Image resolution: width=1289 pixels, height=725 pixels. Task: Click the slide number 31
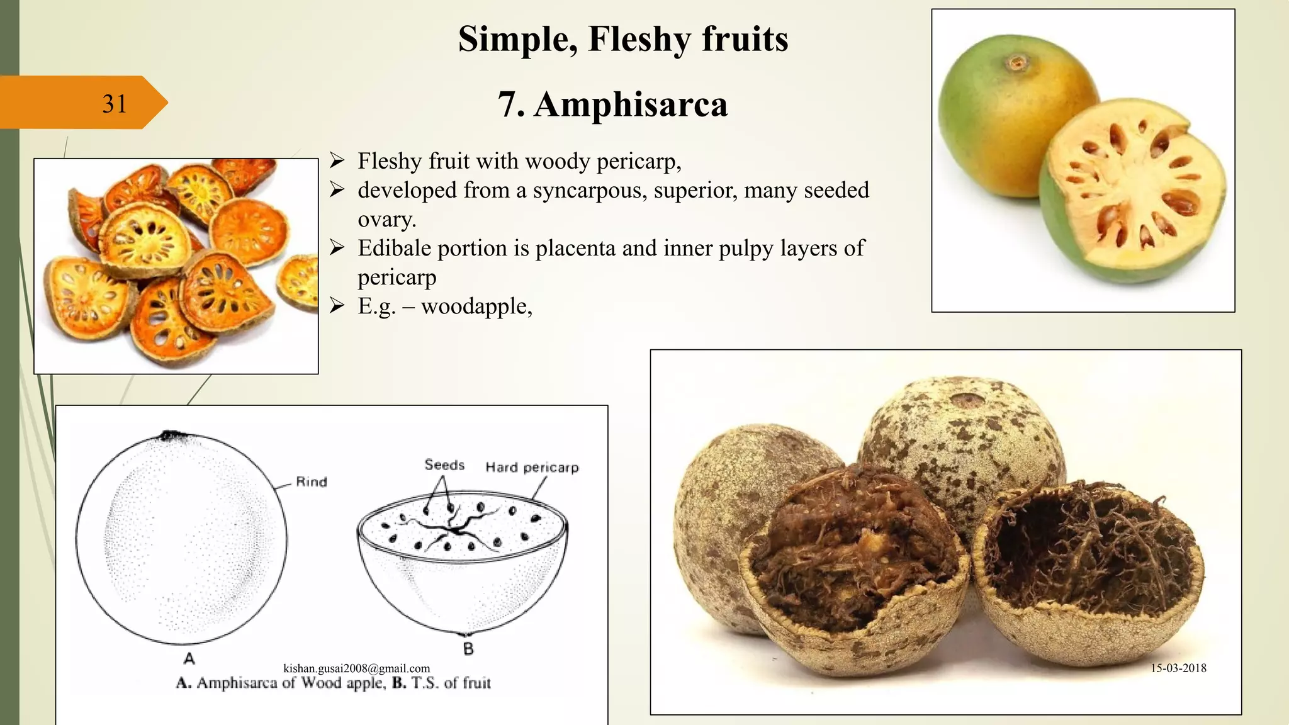coord(115,104)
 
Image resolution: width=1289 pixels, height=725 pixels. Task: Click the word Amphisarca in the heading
coord(631,104)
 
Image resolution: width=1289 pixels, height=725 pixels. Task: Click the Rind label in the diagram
coord(312,482)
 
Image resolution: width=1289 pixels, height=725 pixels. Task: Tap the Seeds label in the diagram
coord(444,465)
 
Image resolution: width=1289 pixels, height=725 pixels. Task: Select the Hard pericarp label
coord(532,468)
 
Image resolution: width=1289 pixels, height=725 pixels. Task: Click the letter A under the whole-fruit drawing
coord(189,658)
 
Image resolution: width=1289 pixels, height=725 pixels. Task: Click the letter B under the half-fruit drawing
coord(468,648)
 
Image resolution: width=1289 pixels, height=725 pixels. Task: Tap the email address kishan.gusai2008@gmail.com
coord(357,668)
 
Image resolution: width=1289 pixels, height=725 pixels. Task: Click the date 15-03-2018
coord(1178,668)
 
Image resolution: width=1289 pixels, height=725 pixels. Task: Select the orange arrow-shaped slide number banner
coord(82,103)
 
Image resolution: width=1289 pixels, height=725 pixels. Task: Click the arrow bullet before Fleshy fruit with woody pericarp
coord(337,162)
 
